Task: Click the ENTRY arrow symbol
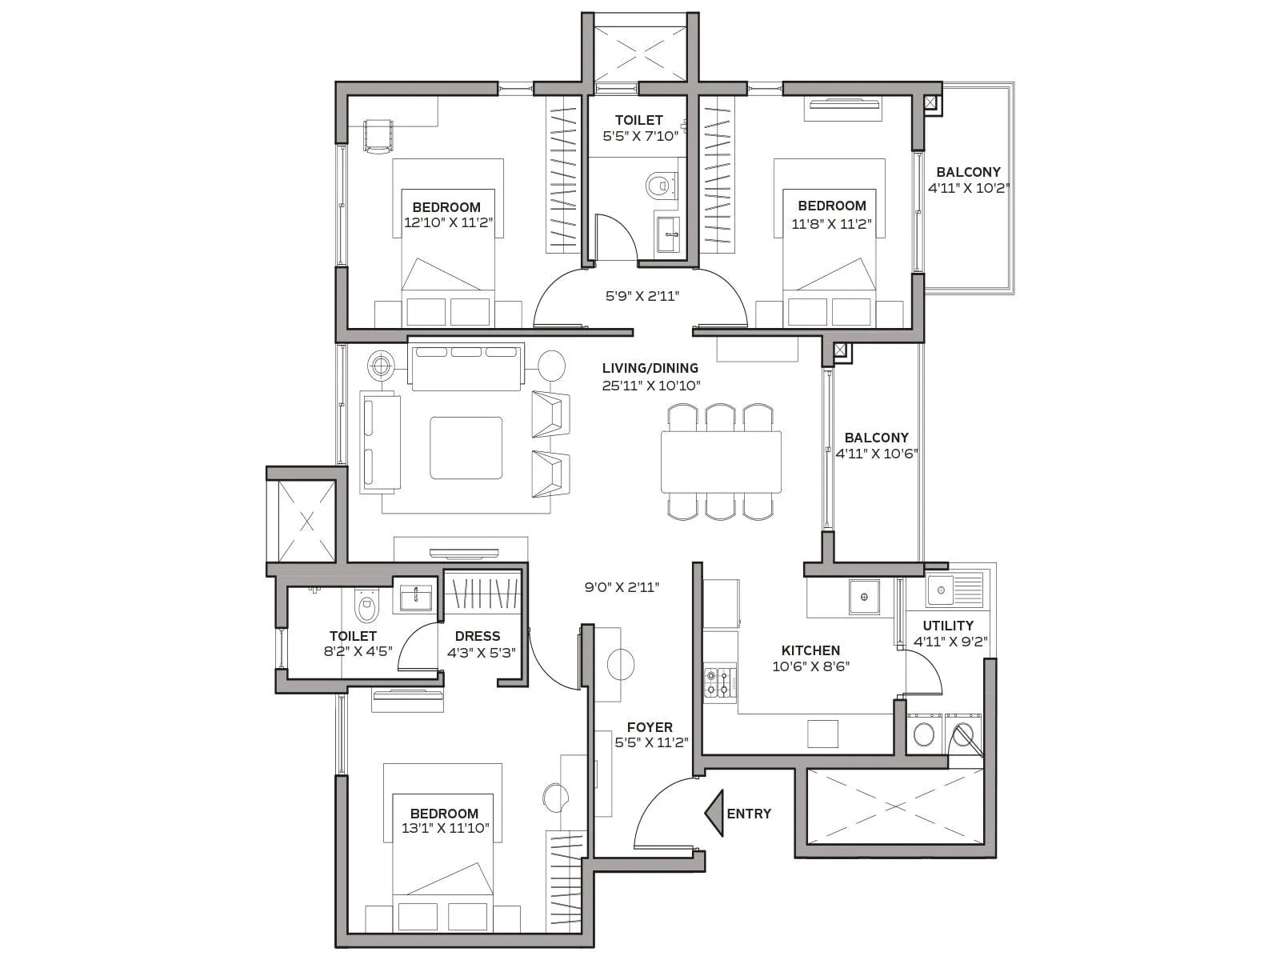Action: (715, 813)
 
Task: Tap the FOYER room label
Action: (650, 727)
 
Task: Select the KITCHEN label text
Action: (810, 650)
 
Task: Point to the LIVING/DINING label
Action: (650, 368)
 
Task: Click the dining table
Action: (721, 462)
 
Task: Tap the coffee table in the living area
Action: (466, 447)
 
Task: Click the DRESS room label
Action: (478, 636)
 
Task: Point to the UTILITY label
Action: (948, 626)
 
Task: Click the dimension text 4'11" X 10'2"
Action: (968, 189)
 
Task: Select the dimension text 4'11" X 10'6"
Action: (876, 454)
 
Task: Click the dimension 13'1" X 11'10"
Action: (445, 829)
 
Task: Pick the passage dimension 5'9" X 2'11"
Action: (642, 296)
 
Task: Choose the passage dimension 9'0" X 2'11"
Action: (621, 587)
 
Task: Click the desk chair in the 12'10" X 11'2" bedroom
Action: (378, 134)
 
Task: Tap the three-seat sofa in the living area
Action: (466, 366)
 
